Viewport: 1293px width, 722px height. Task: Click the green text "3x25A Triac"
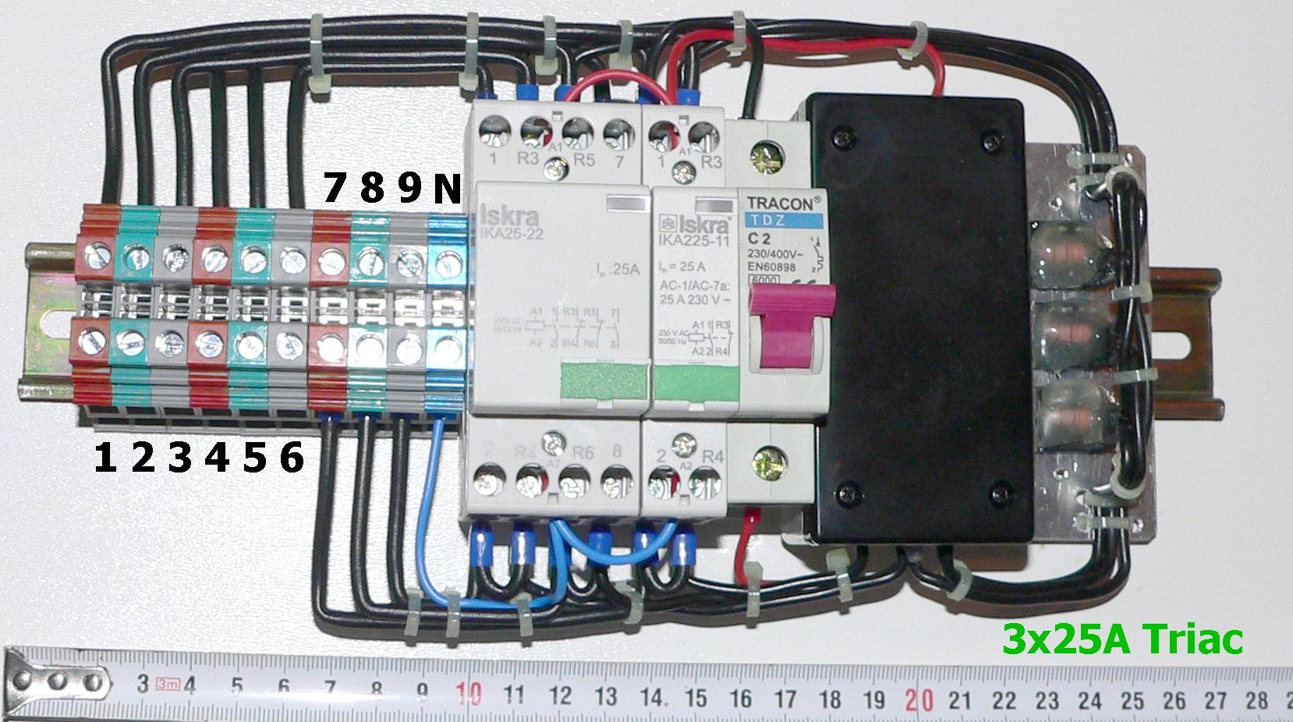(x=1122, y=640)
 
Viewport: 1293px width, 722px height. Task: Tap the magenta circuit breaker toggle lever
(x=788, y=328)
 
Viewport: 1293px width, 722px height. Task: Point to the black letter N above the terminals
(x=448, y=189)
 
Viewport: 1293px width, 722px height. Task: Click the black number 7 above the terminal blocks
(x=334, y=189)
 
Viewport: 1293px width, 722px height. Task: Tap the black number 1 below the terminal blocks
(x=105, y=458)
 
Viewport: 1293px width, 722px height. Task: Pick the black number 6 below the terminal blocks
(x=290, y=458)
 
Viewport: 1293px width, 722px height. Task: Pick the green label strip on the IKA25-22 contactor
(x=604, y=384)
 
